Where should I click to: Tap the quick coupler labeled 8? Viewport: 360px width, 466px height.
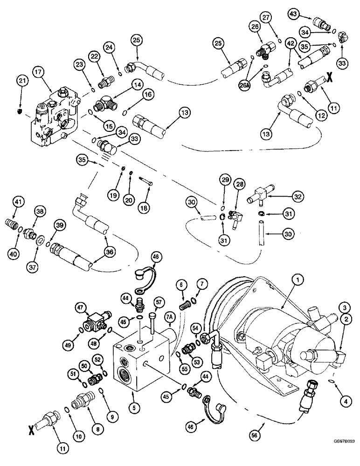[x=82, y=400]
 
